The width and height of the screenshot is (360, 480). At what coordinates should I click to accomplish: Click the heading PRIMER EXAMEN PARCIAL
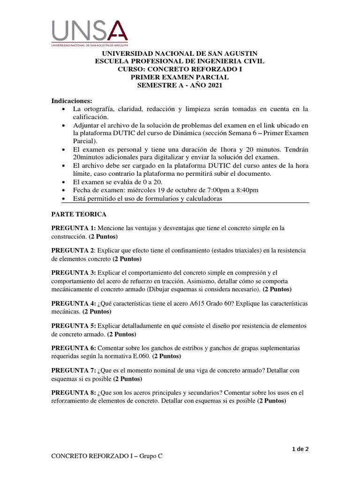180,77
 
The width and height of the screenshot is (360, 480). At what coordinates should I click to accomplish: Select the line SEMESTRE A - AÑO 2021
180,85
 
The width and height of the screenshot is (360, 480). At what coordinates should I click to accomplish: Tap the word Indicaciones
72,101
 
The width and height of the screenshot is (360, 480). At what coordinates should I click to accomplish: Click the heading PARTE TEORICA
79,214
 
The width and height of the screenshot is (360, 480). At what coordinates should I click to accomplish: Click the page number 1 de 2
300,449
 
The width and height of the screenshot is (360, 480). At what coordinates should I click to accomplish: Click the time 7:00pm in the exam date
215,190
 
